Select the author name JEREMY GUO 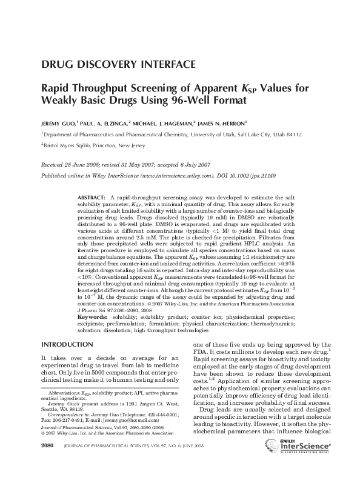tap(57, 122)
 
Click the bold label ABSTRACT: tap(91, 198)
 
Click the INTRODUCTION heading tap(64, 344)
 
